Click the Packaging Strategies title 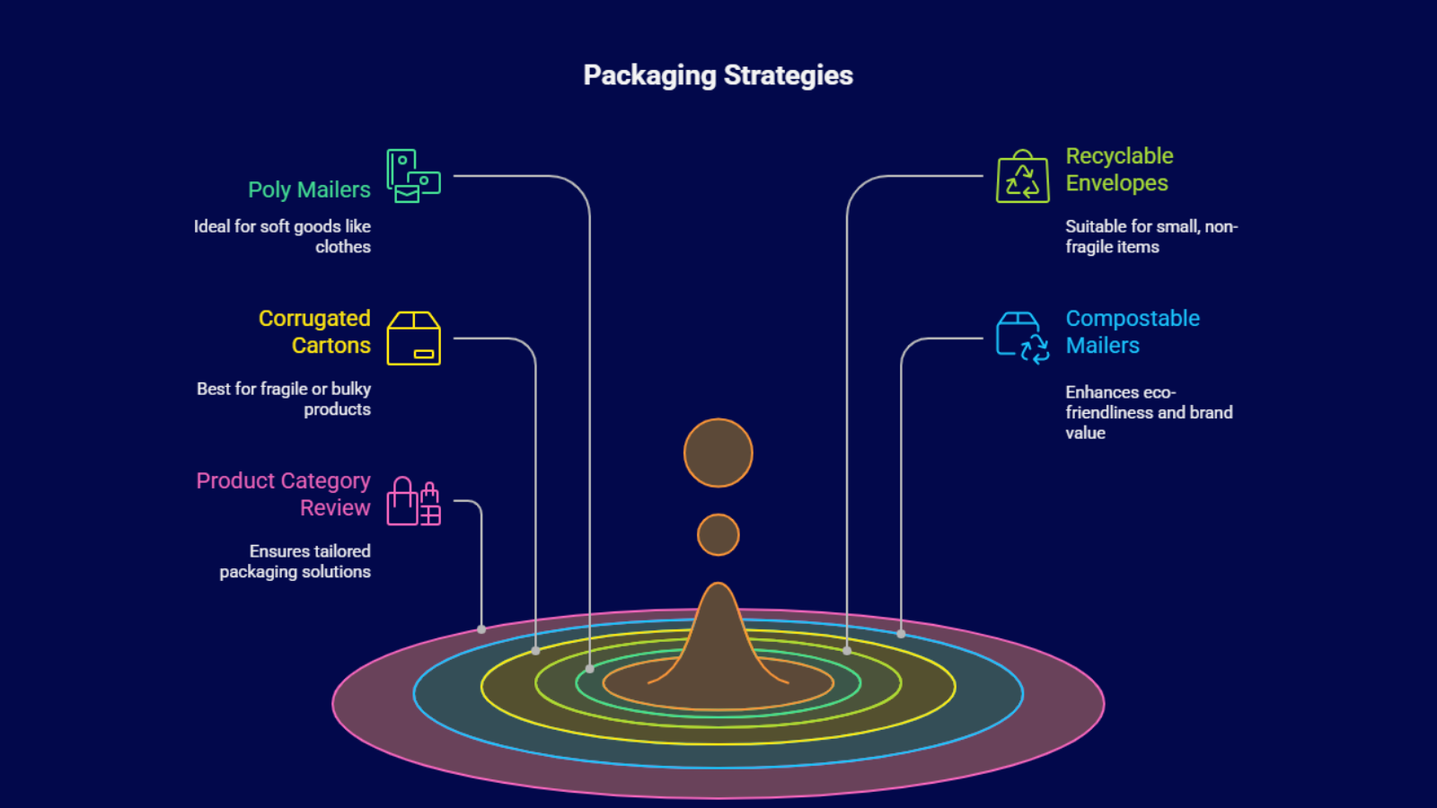point(718,75)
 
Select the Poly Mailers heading point(309,190)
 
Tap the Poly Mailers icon point(413,176)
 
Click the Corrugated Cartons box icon point(413,338)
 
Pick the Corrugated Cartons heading point(314,332)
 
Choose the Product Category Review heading point(283,495)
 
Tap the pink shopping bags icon point(413,501)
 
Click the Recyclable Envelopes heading point(1119,170)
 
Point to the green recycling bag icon point(1022,177)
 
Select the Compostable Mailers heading point(1132,332)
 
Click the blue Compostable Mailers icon point(1022,338)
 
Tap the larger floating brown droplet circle point(718,453)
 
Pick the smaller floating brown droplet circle point(718,535)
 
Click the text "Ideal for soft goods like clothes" point(282,237)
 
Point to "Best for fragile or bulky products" point(284,400)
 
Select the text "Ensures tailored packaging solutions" point(295,562)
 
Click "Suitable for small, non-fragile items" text point(1150,237)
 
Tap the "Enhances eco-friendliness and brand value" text point(1149,413)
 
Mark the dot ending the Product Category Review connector point(481,629)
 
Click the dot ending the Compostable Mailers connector point(901,634)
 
